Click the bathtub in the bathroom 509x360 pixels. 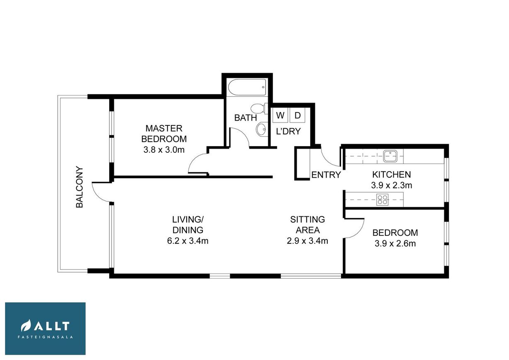246,87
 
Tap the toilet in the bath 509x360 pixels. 259,108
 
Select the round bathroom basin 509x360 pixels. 261,129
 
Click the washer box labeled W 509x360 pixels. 280,115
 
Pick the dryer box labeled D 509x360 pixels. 297,115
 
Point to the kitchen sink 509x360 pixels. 390,156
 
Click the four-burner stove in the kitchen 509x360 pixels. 382,200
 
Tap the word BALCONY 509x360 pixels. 80,187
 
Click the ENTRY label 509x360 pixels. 326,175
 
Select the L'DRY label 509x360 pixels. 288,131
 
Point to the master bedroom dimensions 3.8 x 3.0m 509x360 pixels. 164,149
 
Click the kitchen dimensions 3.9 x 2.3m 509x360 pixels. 392,185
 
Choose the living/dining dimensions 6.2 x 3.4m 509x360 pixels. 188,241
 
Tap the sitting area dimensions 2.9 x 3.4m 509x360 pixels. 307,241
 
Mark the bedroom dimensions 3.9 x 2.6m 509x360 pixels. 395,244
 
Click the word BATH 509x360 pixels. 246,118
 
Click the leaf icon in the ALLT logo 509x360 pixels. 26,326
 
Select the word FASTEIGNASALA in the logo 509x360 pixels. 45,337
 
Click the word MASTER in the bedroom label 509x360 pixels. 164,128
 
